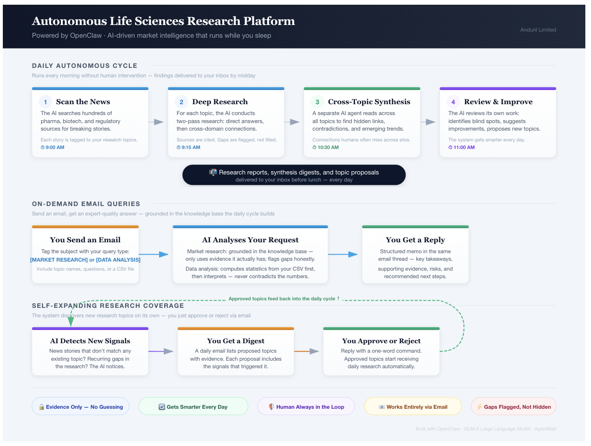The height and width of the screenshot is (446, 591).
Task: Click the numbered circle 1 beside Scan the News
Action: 46,102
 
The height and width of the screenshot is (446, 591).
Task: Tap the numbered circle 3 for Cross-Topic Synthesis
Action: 317,102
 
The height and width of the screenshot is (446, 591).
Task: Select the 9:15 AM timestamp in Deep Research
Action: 188,148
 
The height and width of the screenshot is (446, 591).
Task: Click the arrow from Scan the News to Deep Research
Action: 158,122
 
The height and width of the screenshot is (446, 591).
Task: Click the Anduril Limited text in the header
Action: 538,30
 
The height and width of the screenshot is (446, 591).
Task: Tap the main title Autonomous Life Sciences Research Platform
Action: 163,21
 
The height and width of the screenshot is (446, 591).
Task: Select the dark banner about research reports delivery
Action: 294,175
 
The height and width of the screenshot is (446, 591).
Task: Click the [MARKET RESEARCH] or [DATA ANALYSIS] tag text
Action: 85,260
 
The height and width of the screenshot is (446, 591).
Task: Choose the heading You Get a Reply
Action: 415,240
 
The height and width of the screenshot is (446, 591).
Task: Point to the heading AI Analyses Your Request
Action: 250,240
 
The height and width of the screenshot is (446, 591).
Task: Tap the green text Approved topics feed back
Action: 284,299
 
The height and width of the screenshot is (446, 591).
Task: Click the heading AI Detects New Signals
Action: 90,341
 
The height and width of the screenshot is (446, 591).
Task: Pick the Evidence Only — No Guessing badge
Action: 81,407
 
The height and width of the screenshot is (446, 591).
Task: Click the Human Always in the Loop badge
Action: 306,407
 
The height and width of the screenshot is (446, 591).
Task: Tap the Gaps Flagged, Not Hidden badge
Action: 514,407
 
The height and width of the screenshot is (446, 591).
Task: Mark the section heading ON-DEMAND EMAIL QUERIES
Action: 86,204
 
